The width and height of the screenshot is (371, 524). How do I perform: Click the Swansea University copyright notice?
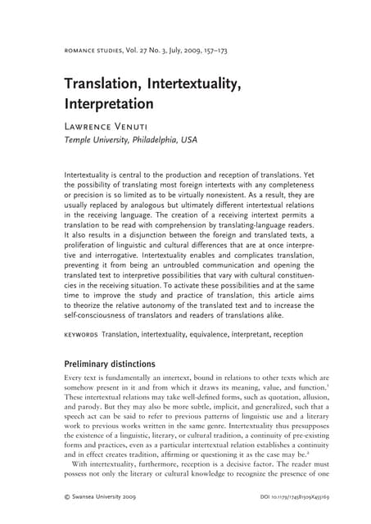pos(102,496)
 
